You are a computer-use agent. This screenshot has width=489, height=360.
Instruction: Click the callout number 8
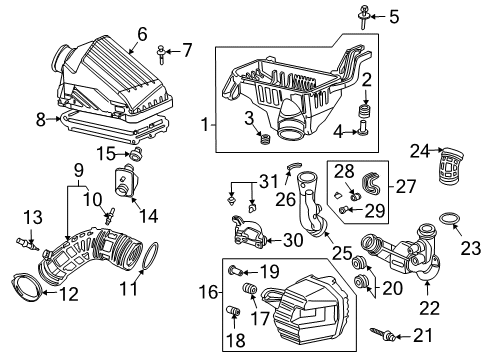point(41,119)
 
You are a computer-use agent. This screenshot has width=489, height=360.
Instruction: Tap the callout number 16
point(206,294)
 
